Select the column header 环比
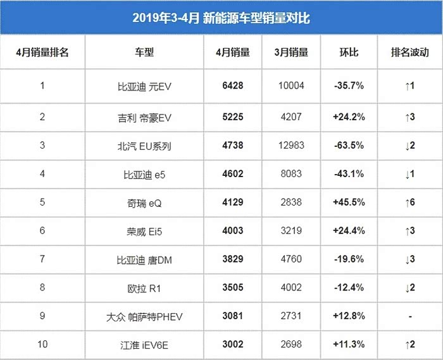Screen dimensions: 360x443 [349, 53]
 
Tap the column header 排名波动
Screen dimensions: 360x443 [410, 53]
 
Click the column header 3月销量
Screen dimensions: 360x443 [291, 53]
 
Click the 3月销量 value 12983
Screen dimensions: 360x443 [291, 146]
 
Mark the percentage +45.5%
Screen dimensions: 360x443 [348, 202]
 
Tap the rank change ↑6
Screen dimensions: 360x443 [409, 202]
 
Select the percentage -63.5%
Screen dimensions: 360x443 [348, 146]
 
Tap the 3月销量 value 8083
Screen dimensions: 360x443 [291, 174]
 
